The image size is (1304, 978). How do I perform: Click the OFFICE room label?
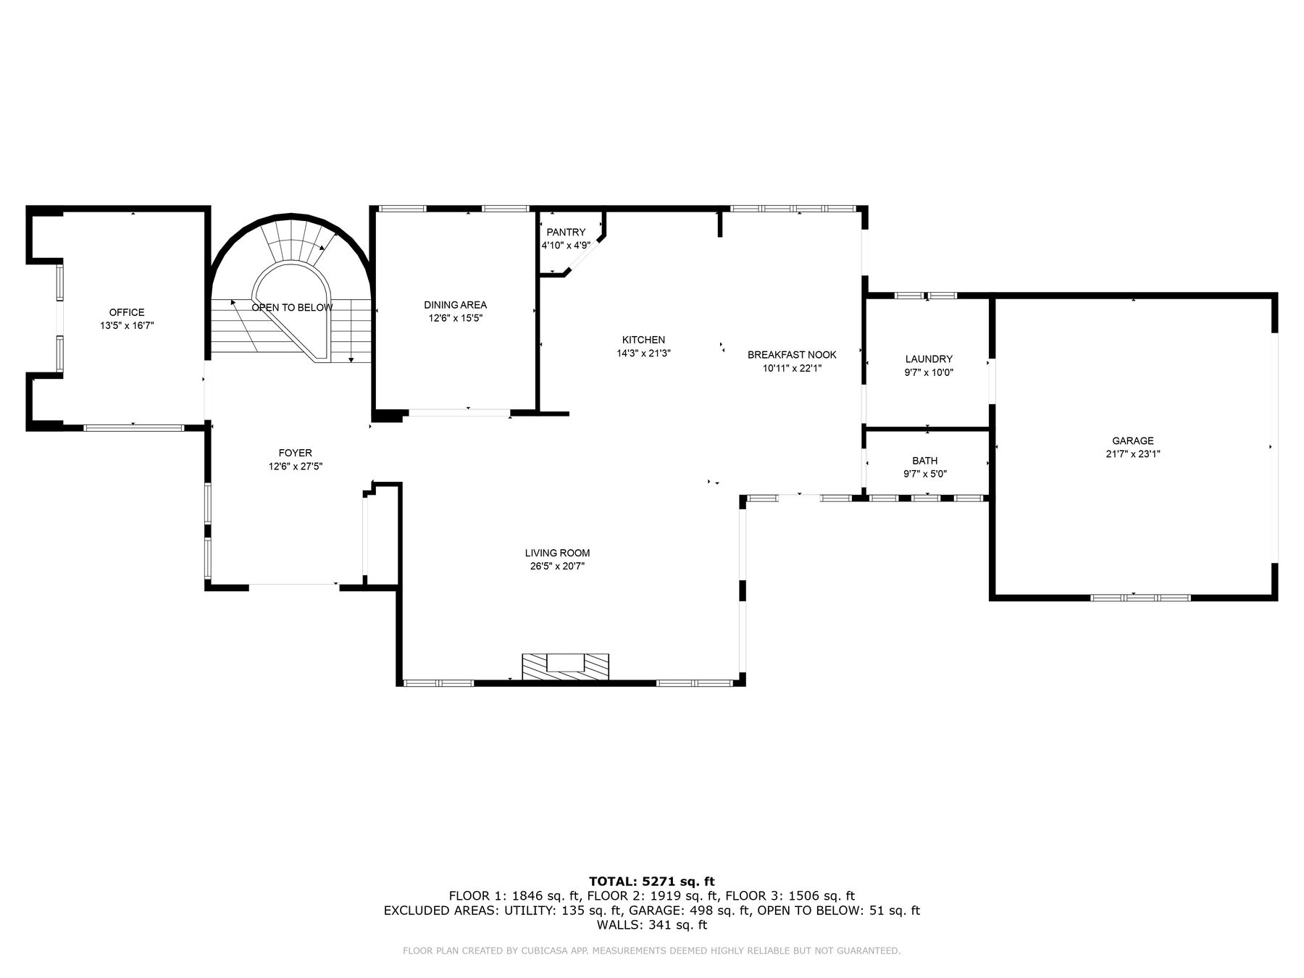click(x=127, y=312)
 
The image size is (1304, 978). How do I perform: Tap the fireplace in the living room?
click(x=565, y=666)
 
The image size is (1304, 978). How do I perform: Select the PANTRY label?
click(x=566, y=232)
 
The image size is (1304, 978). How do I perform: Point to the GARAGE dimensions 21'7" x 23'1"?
click(x=1133, y=454)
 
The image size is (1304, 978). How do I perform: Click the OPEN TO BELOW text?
click(x=292, y=307)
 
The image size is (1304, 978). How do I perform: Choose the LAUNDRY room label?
click(x=929, y=359)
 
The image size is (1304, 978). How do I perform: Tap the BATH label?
click(x=924, y=460)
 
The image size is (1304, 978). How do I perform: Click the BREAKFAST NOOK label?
click(x=792, y=354)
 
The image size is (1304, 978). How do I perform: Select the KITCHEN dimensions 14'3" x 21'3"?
click(x=643, y=354)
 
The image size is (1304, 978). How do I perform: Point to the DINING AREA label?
click(x=455, y=305)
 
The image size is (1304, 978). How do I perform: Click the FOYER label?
click(x=295, y=453)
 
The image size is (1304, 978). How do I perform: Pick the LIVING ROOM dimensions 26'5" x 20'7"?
click(x=557, y=567)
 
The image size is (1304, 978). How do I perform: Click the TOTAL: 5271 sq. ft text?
click(x=651, y=881)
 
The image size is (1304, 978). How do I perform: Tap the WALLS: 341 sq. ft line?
click(x=651, y=924)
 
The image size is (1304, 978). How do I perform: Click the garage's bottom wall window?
click(x=1140, y=598)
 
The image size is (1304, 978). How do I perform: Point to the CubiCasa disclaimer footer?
click(x=651, y=950)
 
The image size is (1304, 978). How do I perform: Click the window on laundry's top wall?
click(x=926, y=296)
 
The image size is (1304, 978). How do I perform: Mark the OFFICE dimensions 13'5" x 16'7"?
click(x=127, y=326)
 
